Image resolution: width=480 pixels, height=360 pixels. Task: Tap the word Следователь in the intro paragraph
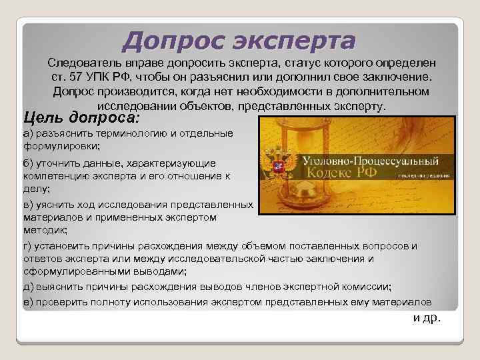[x=81, y=63]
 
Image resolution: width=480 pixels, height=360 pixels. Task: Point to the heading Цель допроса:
[x=81, y=117]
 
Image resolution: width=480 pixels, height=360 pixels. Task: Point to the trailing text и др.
[x=427, y=317]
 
